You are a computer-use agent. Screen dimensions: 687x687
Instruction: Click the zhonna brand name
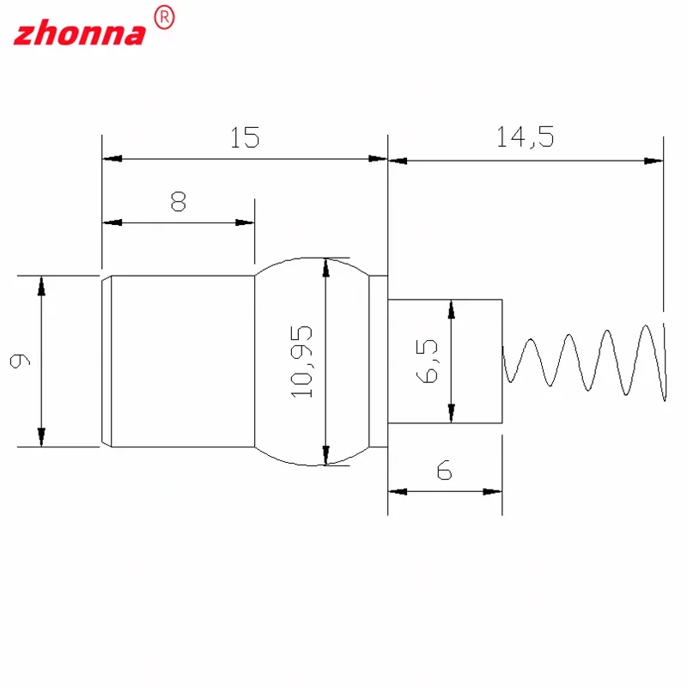[x=80, y=33]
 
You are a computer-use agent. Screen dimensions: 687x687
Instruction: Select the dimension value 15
[x=245, y=138]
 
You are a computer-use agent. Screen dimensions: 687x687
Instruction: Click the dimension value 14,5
[x=525, y=138]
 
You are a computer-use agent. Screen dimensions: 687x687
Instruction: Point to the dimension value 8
[x=179, y=202]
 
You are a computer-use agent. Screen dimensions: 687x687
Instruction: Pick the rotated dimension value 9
[x=19, y=362]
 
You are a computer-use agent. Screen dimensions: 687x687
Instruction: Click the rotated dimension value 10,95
[x=303, y=361]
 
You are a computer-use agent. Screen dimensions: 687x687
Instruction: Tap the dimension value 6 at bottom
[x=444, y=471]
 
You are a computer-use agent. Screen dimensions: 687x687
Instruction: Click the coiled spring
[x=584, y=361]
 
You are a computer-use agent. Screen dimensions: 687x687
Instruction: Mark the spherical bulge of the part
[x=292, y=361]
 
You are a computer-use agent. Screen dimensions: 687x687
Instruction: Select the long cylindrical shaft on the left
[x=180, y=361]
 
